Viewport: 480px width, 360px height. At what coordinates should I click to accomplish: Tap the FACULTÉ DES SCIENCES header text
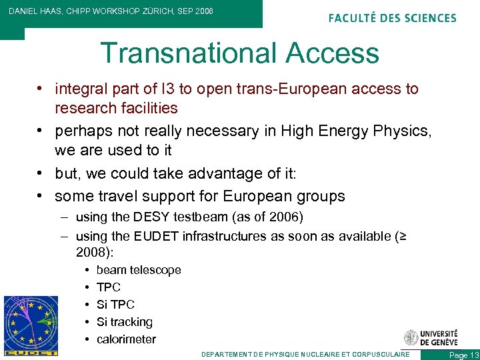coord(393,18)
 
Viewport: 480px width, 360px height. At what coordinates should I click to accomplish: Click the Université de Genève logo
coord(431,337)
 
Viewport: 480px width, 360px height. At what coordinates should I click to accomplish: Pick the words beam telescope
coord(139,270)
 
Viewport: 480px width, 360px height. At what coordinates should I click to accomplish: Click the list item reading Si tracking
coord(125,322)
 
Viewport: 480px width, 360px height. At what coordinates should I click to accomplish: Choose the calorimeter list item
coord(126,339)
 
